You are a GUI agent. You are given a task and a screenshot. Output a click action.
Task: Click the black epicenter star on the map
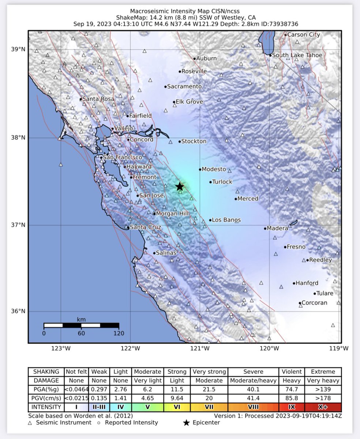click(x=179, y=187)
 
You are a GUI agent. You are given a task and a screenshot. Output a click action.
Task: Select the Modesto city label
click(x=214, y=169)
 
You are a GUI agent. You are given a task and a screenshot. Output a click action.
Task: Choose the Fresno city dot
click(x=285, y=247)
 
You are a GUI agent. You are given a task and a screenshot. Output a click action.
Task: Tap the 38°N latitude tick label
click(x=17, y=138)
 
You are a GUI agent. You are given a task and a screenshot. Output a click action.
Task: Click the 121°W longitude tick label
click(x=200, y=348)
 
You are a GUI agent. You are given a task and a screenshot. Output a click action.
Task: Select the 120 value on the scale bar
click(x=119, y=333)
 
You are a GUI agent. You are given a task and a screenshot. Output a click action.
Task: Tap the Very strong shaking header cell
click(x=209, y=371)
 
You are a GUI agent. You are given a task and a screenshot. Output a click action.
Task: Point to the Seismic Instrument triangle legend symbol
click(x=30, y=423)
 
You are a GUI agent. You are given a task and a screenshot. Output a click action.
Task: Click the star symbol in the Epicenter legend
click(x=186, y=423)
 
